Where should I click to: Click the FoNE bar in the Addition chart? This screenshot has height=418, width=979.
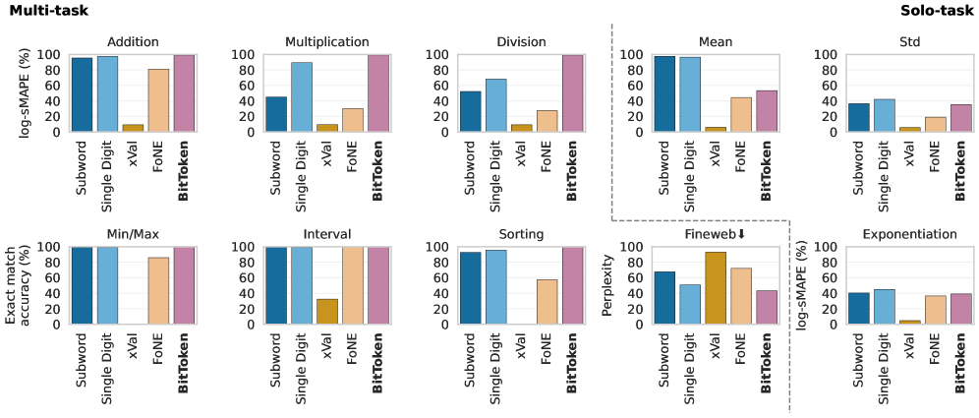[x=157, y=100]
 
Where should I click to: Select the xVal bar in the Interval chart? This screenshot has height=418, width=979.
[x=327, y=312]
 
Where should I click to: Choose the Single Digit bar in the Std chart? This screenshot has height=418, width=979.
[x=886, y=115]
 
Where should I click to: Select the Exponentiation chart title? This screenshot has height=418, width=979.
[x=909, y=234]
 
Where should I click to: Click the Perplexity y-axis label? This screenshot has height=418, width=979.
[x=607, y=286]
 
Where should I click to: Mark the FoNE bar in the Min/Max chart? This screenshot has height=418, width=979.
[x=157, y=291]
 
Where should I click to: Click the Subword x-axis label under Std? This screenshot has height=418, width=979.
[x=860, y=168]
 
